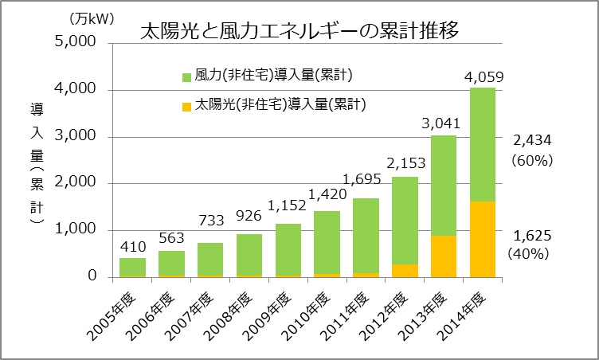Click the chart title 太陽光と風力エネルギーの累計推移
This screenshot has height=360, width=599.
299,32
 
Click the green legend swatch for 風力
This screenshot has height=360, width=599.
187,77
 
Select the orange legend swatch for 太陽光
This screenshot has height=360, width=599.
187,105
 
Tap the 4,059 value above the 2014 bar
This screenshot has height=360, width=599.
484,77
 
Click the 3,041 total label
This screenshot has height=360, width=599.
444,124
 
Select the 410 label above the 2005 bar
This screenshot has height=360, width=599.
133,247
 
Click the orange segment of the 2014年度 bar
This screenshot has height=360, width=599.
483,239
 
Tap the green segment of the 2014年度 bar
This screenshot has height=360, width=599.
483,143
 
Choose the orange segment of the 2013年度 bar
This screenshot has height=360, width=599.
444,256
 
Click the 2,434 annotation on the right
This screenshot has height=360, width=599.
533,140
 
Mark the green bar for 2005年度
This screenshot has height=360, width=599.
133,267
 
